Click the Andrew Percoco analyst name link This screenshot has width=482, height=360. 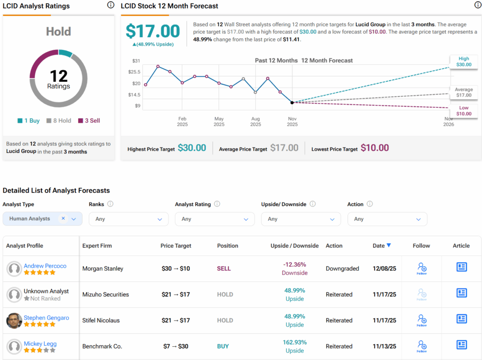click(45, 266)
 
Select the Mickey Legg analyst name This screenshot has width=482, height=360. click(40, 344)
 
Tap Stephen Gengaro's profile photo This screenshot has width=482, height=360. click(14, 321)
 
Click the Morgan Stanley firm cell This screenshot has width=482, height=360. click(103, 269)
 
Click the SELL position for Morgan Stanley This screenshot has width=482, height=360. click(224, 269)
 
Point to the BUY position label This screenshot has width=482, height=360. click(223, 346)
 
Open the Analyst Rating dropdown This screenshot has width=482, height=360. click(215, 219)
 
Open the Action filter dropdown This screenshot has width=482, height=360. click(387, 219)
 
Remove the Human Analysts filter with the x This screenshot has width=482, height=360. click(63, 218)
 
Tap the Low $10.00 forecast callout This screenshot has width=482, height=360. click(464, 111)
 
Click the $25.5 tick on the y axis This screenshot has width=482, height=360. click(134, 72)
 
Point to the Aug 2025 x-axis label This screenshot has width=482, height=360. click(256, 122)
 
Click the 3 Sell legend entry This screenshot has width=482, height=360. click(89, 120)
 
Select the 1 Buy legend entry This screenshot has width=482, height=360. click(29, 120)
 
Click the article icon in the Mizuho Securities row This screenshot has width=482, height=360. click(461, 293)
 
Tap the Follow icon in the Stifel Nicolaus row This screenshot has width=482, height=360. click(421, 320)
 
